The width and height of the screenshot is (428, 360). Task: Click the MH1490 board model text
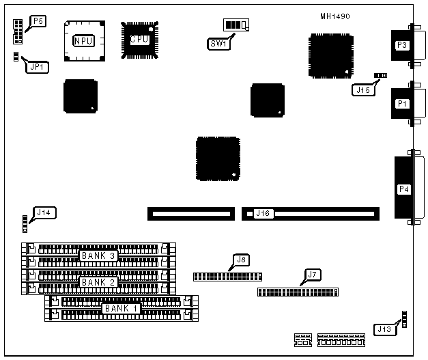point(335,16)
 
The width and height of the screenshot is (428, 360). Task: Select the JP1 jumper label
point(35,66)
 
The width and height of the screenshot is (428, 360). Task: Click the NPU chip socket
point(85,42)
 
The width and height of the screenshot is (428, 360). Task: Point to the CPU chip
point(140,40)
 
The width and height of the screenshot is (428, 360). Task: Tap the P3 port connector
point(402,46)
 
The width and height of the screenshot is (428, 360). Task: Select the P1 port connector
point(402,104)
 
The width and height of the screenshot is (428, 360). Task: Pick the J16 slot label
point(263,214)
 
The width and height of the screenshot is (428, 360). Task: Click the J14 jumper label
point(44,212)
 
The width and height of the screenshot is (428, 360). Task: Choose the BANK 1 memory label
point(121,308)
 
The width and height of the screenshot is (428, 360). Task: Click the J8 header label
point(240,260)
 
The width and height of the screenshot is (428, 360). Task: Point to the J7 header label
point(312,275)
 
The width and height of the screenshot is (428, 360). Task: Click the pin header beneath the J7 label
point(298,292)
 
